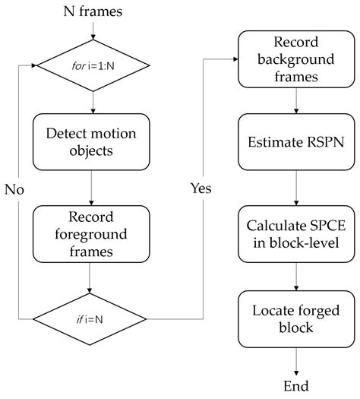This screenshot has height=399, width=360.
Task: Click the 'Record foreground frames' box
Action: pos(92,234)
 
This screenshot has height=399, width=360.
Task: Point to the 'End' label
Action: pos(295,387)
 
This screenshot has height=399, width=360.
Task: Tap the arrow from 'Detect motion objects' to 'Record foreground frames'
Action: pos(92,185)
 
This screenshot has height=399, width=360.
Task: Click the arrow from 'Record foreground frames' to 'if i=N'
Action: pos(92,278)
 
